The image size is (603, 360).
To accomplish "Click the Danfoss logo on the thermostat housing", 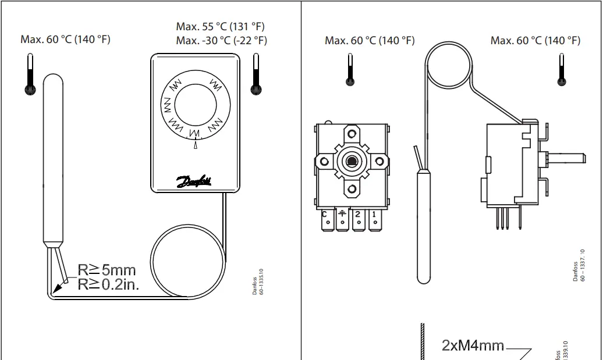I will click(x=194, y=182).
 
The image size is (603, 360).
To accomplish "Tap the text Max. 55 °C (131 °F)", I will click(x=221, y=27).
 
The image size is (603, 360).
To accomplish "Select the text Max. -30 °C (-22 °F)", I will click(x=221, y=40).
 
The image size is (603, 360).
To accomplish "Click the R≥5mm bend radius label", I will click(x=107, y=270).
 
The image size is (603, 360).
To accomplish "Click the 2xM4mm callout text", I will click(x=473, y=345).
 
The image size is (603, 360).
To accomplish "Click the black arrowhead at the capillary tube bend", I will click(x=56, y=287).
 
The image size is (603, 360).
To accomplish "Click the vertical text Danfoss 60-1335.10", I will click(x=257, y=281).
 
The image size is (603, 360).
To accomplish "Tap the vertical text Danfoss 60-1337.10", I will click(x=579, y=266).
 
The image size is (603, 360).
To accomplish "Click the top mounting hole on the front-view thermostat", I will click(x=352, y=133).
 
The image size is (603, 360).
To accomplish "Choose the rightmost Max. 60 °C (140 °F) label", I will click(x=535, y=40).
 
